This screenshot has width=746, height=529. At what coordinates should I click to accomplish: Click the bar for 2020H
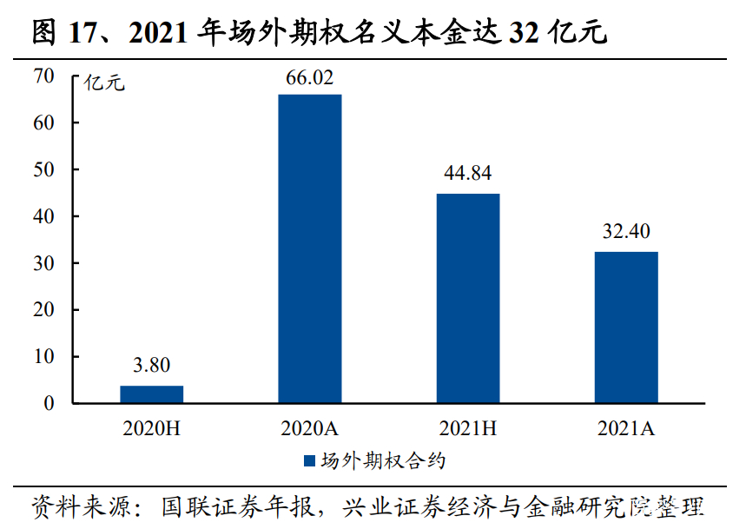pyautogui.click(x=151, y=394)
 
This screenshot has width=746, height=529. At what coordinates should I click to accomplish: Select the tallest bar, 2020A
pyautogui.click(x=309, y=248)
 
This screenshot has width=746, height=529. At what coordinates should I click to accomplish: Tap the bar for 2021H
pyautogui.click(x=467, y=298)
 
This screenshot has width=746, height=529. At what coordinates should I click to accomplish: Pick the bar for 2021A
pyautogui.click(x=625, y=327)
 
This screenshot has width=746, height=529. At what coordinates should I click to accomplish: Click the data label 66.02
pyautogui.click(x=309, y=78)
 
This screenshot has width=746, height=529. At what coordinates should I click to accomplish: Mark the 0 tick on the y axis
pyautogui.click(x=50, y=403)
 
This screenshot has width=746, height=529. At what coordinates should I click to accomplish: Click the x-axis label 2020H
pyautogui.click(x=151, y=428)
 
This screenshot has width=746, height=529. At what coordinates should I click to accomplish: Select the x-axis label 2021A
pyautogui.click(x=625, y=428)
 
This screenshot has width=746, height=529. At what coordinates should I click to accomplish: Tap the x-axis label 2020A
pyautogui.click(x=309, y=428)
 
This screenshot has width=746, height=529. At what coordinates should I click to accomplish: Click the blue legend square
pyautogui.click(x=309, y=460)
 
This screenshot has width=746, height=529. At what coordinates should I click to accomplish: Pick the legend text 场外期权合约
pyautogui.click(x=382, y=460)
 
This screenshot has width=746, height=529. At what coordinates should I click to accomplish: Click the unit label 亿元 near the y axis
pyautogui.click(x=104, y=83)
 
